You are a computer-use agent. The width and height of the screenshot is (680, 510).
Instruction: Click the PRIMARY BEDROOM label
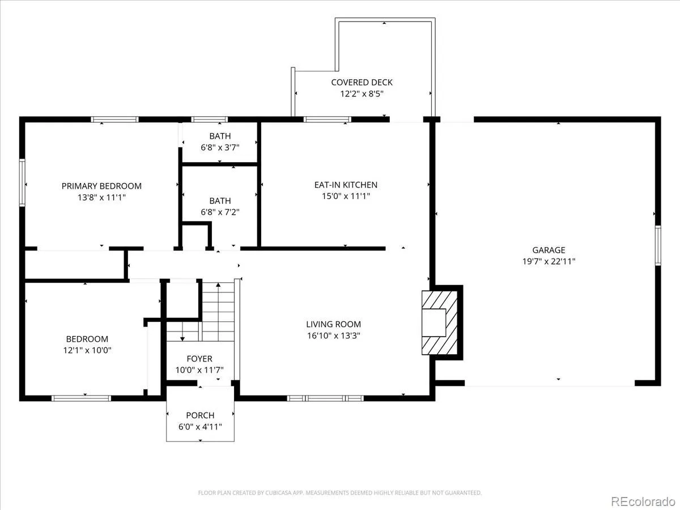[101, 186]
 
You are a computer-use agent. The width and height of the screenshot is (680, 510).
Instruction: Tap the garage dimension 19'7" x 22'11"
[549, 261]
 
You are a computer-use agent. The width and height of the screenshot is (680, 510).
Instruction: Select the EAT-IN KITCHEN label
[346, 185]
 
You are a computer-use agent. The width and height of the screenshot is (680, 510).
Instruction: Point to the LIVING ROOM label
[333, 324]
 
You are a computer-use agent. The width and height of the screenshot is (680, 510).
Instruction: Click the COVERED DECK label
[362, 82]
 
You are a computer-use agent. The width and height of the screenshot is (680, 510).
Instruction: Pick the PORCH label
[200, 415]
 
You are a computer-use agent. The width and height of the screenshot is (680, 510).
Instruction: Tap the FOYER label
[199, 359]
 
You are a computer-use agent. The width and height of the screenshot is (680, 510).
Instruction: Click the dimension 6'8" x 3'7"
[220, 147]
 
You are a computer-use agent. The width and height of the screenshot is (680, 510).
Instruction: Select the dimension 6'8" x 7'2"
[220, 212]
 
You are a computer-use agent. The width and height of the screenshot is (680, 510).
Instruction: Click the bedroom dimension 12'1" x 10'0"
[87, 350]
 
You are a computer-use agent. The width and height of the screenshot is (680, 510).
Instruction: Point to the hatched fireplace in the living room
[439, 322]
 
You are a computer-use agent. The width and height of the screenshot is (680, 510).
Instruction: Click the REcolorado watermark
[643, 501]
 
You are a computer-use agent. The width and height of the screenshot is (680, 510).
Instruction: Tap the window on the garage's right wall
[658, 245]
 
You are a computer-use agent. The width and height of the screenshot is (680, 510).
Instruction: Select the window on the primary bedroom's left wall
[22, 182]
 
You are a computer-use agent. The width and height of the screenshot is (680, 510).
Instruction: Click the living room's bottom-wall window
[325, 398]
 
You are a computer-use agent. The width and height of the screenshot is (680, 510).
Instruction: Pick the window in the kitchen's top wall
[327, 120]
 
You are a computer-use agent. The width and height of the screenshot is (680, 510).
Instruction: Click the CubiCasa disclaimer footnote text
[340, 492]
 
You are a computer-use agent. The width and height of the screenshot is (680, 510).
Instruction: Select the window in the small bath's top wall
[210, 120]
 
